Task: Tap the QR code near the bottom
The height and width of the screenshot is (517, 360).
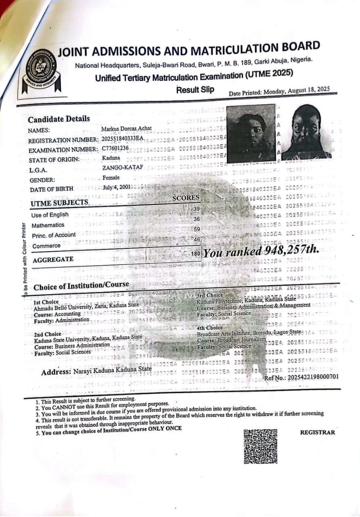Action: (x=261, y=446)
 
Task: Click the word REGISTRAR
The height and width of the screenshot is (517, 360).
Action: (x=317, y=432)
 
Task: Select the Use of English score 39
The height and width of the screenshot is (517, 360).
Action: (x=197, y=209)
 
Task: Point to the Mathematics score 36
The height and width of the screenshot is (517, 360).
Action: (x=197, y=219)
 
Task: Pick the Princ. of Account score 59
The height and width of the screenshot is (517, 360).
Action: (x=197, y=229)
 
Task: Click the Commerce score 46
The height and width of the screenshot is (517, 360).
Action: (x=197, y=240)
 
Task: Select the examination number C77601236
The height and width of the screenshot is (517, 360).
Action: (x=115, y=148)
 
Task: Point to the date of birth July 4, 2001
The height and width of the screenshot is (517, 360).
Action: (x=117, y=187)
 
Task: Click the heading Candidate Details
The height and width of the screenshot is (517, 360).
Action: (x=59, y=119)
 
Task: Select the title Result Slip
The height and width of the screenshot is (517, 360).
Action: (x=195, y=90)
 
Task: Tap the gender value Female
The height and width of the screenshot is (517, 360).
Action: (x=111, y=177)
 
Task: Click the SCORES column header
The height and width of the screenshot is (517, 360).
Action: (x=186, y=198)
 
